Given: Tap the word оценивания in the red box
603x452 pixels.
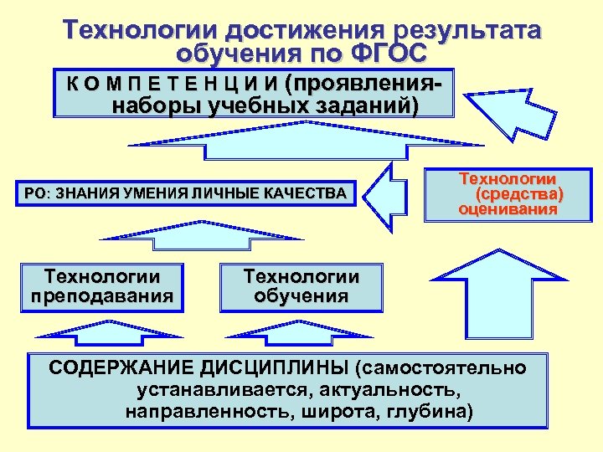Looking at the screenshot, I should pos(508,209).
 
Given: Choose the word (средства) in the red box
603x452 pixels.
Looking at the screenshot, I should pos(519,194).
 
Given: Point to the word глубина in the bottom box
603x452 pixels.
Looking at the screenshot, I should pos(429,411).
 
